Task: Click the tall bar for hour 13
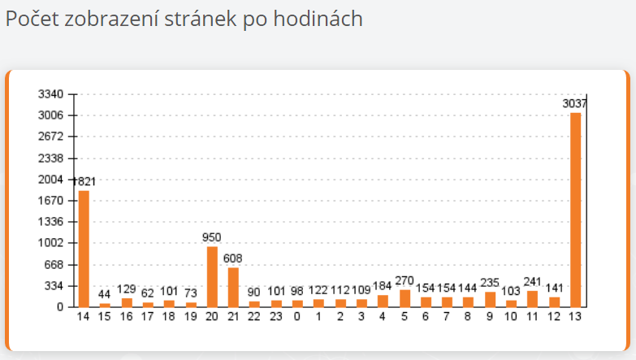[575, 209]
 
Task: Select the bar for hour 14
[84, 248]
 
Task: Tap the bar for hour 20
[212, 276]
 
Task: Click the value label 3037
[575, 104]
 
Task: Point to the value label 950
[212, 237]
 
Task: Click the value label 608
[233, 258]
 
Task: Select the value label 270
[405, 280]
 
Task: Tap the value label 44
[105, 293]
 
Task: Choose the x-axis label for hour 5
[405, 316]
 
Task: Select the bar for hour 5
[405, 297]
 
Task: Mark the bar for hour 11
[533, 298]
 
